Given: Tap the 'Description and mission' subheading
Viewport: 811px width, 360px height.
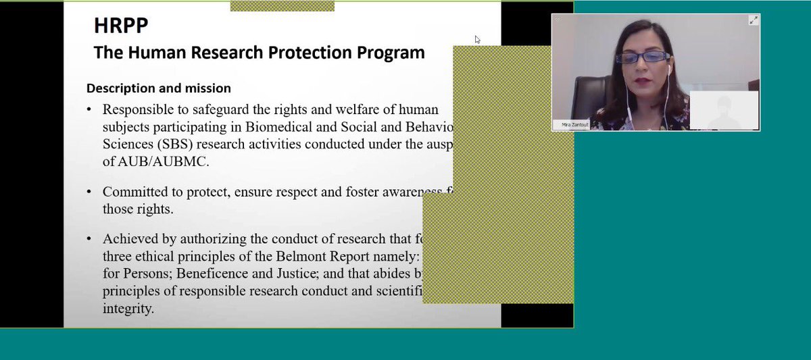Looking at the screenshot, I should point(159,88).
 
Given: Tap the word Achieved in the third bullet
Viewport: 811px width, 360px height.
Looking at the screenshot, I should point(129,239).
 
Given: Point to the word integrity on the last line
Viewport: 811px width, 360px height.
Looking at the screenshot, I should point(128,309).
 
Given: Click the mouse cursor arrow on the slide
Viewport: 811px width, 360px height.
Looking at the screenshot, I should point(477,39).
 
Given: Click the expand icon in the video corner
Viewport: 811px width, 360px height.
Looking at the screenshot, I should point(753,20).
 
